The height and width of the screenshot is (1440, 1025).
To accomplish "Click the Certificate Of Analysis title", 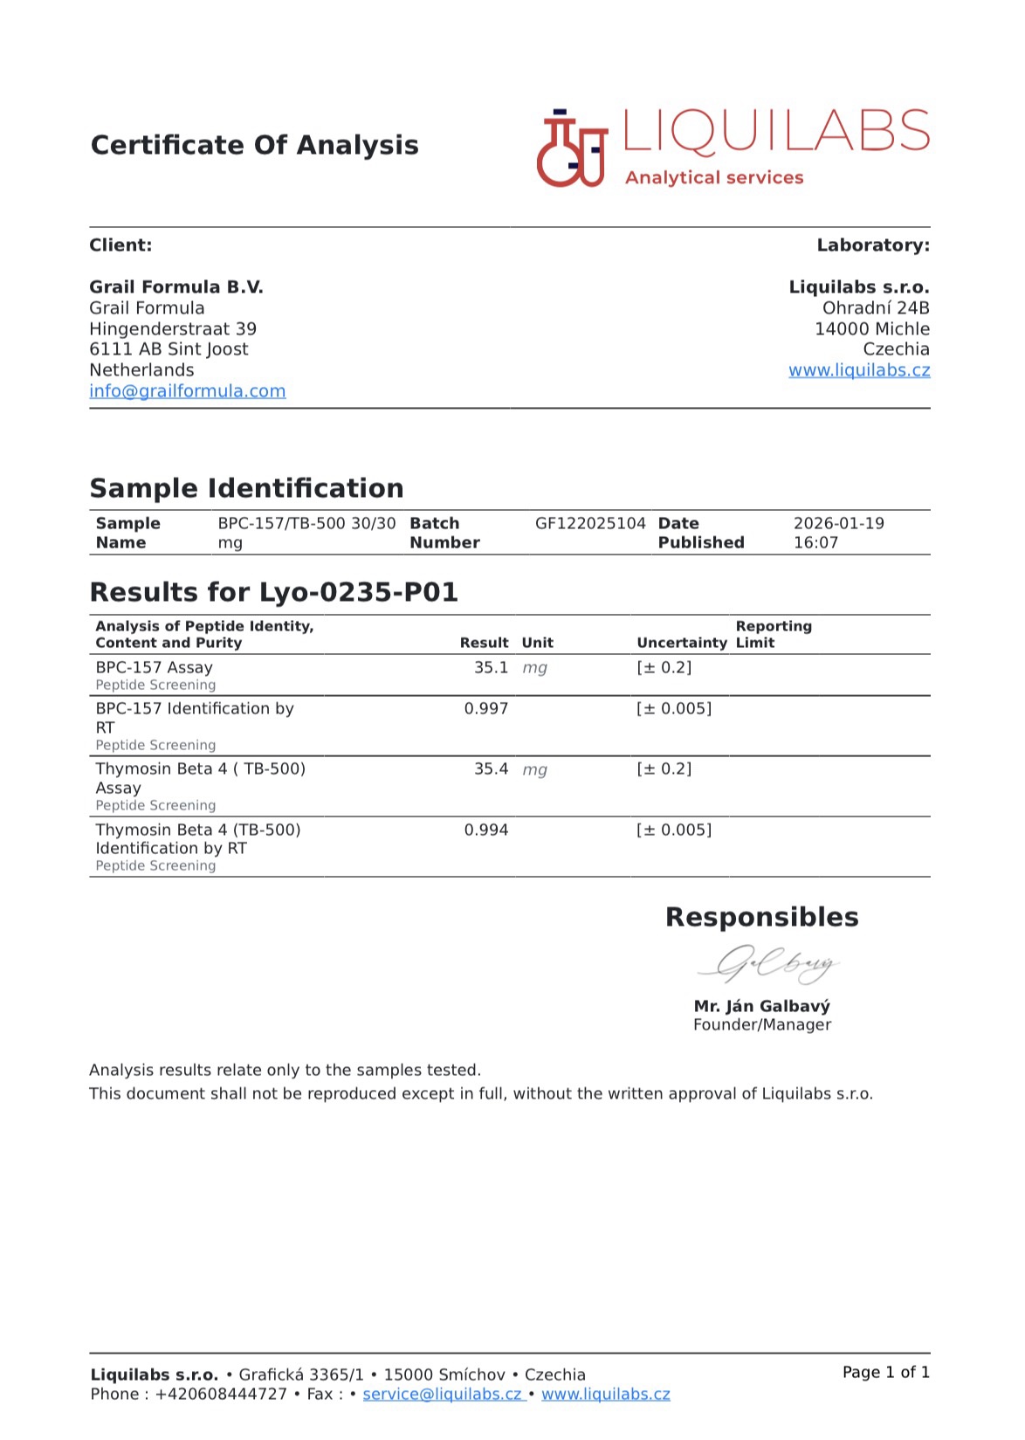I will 254,145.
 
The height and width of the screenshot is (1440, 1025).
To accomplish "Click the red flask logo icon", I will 572,149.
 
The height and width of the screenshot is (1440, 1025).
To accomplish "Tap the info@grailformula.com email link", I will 187,391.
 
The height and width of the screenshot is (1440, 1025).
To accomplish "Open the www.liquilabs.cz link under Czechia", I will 858,370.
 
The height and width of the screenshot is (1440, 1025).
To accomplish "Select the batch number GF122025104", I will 590,524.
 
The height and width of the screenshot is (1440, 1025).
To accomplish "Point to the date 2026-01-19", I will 838,524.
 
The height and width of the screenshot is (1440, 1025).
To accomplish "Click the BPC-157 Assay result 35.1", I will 491,668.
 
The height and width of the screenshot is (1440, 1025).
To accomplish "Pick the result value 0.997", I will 485,709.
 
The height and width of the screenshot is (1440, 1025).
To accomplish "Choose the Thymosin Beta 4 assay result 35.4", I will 491,769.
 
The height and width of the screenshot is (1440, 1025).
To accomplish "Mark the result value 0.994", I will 485,830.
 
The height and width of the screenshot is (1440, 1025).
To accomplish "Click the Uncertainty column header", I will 681,643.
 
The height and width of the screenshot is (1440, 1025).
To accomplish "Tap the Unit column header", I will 537,643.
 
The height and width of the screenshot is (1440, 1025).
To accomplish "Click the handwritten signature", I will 768,965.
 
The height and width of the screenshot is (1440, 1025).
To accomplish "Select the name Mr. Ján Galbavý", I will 761,1006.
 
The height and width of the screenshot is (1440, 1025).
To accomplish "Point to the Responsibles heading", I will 761,917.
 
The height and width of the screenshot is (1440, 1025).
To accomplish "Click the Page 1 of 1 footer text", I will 885,1373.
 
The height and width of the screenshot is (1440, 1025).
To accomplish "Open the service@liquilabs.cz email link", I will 442,1395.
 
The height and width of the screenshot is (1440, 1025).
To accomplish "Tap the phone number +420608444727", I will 221,1395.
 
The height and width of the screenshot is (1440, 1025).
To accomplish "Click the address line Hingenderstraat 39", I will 173,329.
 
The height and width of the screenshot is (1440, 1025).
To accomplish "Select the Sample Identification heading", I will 246,488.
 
